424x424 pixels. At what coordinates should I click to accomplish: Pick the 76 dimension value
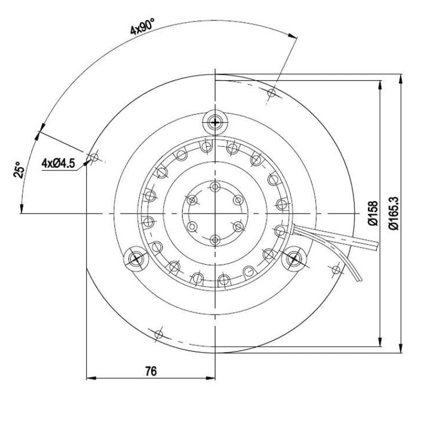coord(151,372)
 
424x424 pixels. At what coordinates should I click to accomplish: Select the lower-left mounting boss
coord(136,259)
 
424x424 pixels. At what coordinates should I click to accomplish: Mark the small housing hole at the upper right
coord(271,93)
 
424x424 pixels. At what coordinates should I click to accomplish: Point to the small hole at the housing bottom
coord(158,334)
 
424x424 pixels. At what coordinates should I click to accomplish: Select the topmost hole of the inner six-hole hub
coord(215,186)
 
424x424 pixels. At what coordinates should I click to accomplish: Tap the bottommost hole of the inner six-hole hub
coord(215,241)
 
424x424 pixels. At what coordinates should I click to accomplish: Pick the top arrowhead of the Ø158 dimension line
coord(380,85)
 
